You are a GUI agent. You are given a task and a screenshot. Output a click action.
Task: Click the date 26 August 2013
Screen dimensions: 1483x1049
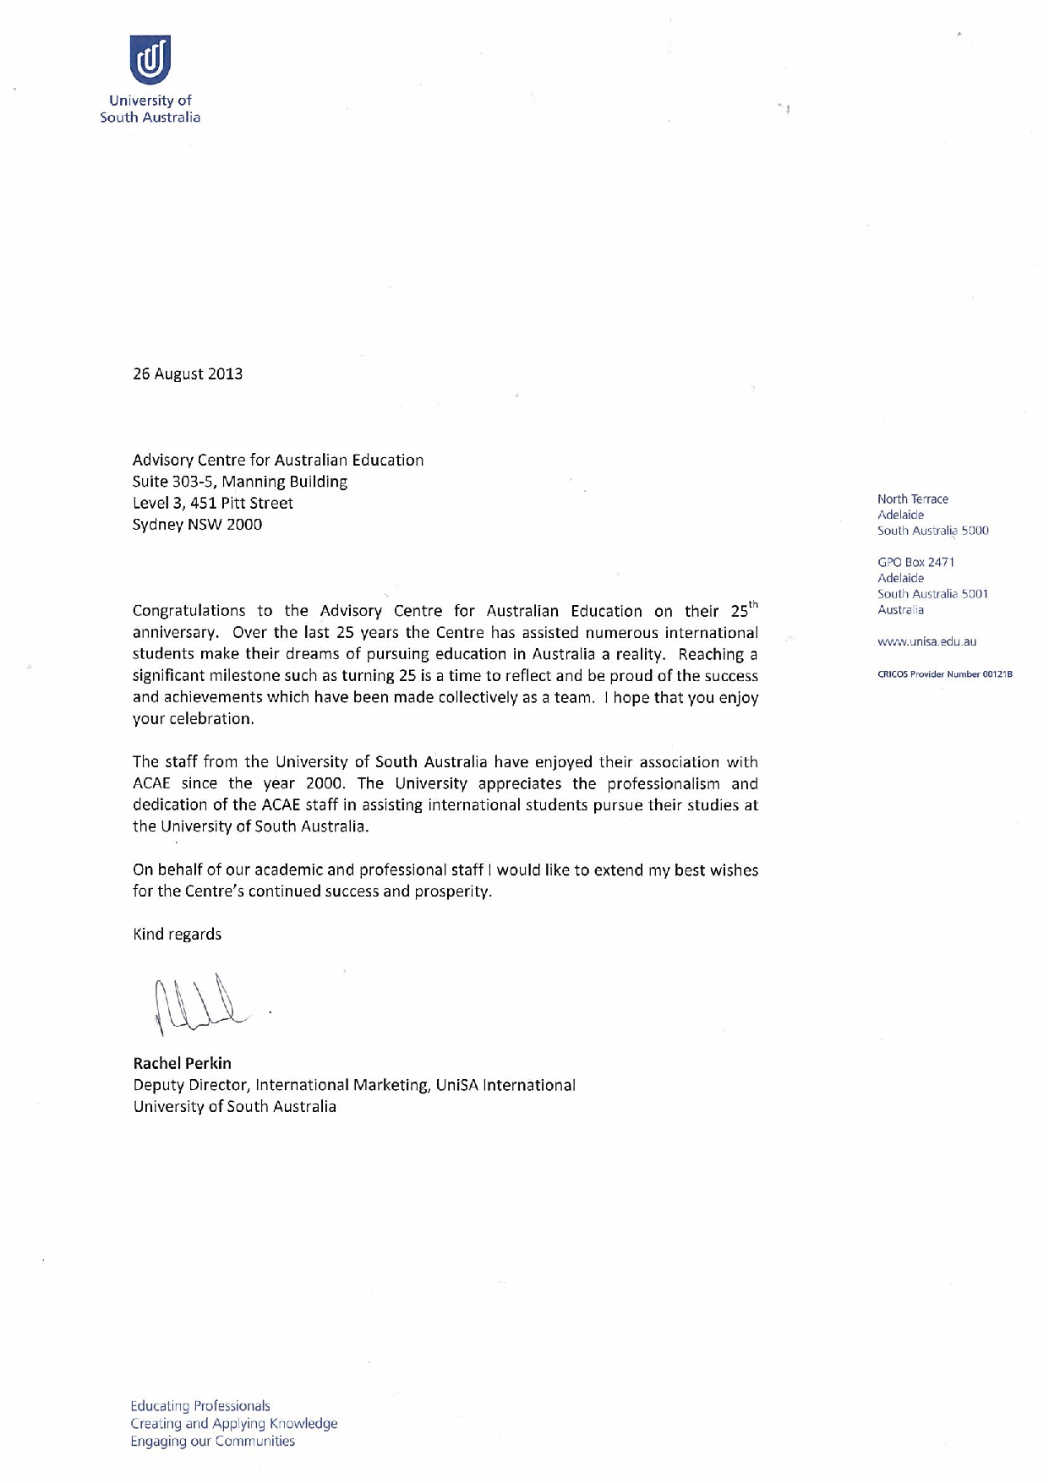pyautogui.click(x=188, y=373)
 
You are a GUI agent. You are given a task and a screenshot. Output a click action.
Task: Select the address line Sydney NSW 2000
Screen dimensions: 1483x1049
pyautogui.click(x=197, y=525)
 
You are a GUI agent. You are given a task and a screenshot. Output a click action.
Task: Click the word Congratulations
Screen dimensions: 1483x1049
pyautogui.click(x=188, y=611)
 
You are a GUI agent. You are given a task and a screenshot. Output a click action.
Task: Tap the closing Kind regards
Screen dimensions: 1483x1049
pyautogui.click(x=178, y=935)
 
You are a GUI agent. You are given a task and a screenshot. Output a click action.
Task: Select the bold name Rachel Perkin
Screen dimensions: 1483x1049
pyautogui.click(x=182, y=1063)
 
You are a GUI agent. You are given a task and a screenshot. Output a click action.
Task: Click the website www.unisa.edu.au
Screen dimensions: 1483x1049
pyautogui.click(x=926, y=642)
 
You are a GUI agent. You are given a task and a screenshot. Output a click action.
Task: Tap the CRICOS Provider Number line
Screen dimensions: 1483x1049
pyautogui.click(x=944, y=674)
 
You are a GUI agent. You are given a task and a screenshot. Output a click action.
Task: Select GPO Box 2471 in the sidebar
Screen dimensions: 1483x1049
pyautogui.click(x=916, y=562)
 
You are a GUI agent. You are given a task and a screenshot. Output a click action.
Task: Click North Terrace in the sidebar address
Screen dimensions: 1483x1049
pyautogui.click(x=913, y=499)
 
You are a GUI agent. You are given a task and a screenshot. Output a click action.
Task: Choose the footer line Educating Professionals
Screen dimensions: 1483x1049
pyautogui.click(x=200, y=1406)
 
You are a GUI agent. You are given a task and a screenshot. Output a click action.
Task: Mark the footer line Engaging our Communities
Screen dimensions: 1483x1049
pyautogui.click(x=212, y=1442)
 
